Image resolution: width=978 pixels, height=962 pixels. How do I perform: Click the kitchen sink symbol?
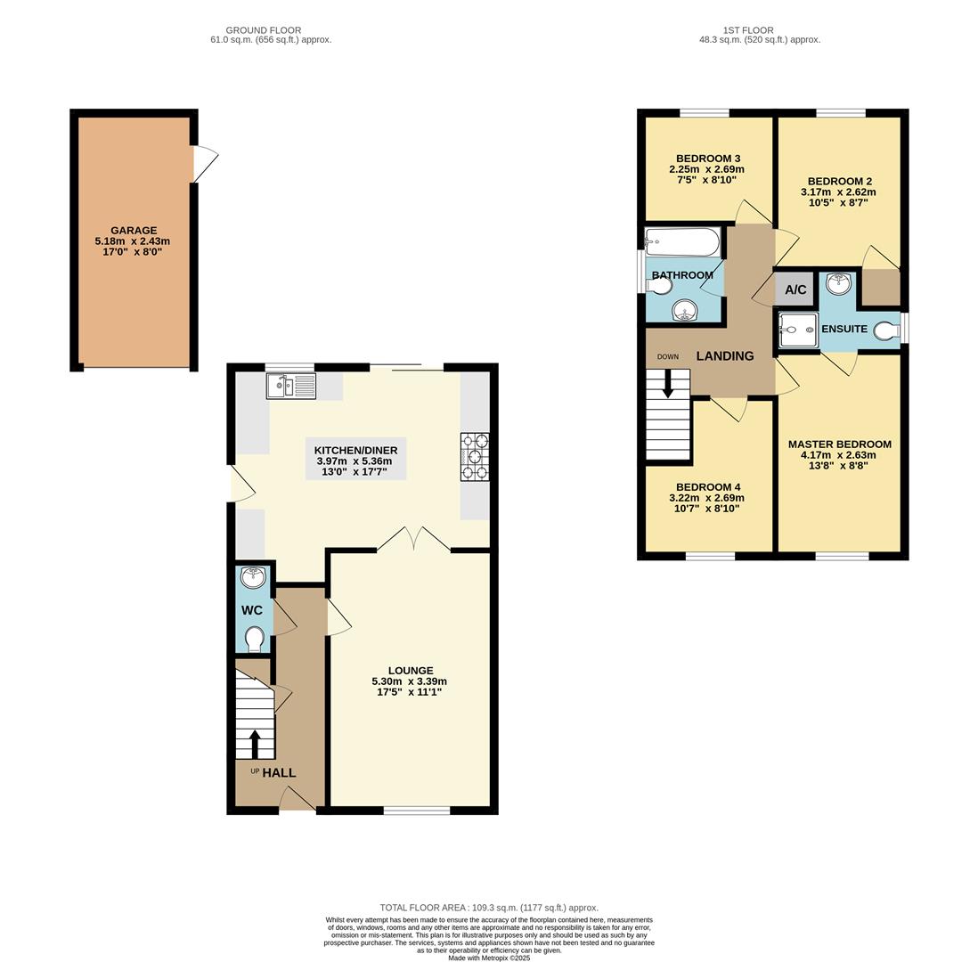(291, 386)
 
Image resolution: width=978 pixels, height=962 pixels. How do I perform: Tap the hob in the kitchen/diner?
(474, 456)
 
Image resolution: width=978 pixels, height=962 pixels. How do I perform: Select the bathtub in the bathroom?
(682, 242)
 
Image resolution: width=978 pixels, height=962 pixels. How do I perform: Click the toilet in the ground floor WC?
(254, 639)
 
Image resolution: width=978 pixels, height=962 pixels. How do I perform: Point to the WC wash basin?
(254, 577)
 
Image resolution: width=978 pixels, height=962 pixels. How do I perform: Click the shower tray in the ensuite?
(798, 330)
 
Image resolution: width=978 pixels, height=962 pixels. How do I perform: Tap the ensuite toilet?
(886, 330)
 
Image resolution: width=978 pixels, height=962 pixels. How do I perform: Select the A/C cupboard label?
(795, 289)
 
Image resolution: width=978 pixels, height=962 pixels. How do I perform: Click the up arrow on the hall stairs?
(255, 741)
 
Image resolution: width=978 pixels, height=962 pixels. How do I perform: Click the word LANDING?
(725, 355)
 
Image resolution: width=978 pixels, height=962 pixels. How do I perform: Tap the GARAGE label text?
(134, 230)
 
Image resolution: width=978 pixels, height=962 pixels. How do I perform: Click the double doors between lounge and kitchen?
(413, 540)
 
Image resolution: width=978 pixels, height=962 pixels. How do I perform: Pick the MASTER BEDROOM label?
(839, 444)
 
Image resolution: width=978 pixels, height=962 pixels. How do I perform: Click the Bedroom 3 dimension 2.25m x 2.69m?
(706, 169)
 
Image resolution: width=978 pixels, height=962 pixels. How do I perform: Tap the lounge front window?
(416, 810)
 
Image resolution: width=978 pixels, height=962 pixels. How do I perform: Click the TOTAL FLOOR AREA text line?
(489, 908)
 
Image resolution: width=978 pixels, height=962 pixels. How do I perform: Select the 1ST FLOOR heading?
(748, 30)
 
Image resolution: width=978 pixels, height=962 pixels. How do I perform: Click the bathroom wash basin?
(684, 310)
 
